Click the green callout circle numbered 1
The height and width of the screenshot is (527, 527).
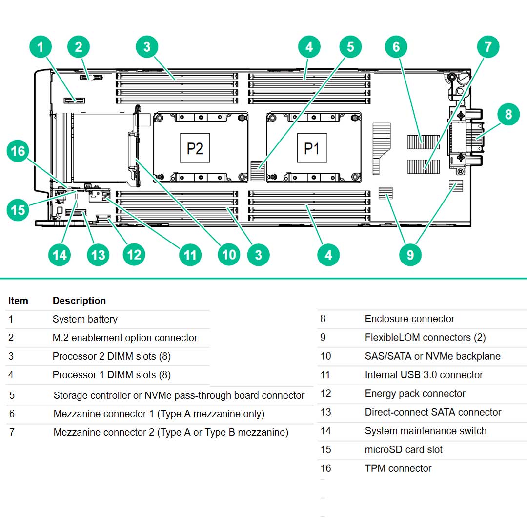coord(41,47)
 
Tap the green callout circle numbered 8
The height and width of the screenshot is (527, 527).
coord(508,114)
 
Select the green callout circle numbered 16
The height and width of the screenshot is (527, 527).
coord(18,151)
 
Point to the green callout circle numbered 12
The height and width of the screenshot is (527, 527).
coord(134,254)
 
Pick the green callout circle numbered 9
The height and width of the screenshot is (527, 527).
coord(410,254)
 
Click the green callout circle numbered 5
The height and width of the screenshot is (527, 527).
coord(350,47)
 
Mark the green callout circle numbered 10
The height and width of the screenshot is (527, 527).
coord(228,254)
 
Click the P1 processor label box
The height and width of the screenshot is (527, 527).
coord(311,148)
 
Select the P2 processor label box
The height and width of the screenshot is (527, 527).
coord(195,148)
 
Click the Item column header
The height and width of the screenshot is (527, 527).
coord(18,301)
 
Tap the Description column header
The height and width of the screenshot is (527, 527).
coord(79,301)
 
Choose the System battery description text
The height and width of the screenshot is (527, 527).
coord(85,319)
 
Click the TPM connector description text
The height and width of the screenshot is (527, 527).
coord(398,468)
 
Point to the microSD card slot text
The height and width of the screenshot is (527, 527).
coord(404,449)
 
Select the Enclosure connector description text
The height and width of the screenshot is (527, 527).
coord(409,319)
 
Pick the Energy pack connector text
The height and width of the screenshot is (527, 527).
coord(415,393)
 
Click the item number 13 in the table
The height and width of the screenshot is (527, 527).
coord(325,412)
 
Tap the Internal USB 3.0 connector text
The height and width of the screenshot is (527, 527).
coord(424,375)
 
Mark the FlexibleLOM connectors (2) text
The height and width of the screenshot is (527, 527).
coord(425,337)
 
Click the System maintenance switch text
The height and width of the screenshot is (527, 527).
coord(426,431)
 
